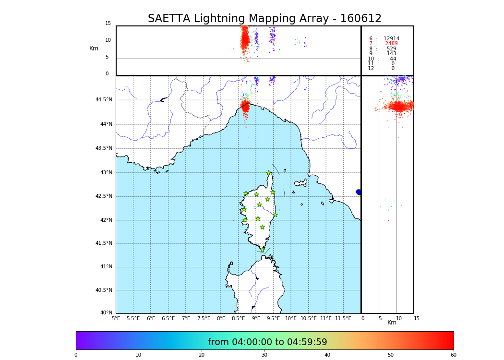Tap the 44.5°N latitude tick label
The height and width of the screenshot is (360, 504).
pyautogui.click(x=104, y=100)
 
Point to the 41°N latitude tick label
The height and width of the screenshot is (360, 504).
pyautogui.click(x=106, y=267)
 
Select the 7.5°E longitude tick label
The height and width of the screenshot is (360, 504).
pyautogui.click(x=204, y=318)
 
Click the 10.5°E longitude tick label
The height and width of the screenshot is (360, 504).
pyautogui.click(x=309, y=318)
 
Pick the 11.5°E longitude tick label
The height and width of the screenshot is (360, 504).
pyautogui.click(x=344, y=318)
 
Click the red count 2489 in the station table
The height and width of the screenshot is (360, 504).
pyautogui.click(x=391, y=44)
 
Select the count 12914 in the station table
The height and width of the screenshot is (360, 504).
pyautogui.click(x=391, y=39)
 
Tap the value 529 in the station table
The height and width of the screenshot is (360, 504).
pyautogui.click(x=391, y=49)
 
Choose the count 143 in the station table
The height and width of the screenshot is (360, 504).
pyautogui.click(x=391, y=54)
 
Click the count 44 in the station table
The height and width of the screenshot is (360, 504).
pyautogui.click(x=393, y=59)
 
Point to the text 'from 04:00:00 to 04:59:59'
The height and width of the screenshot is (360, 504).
pyautogui.click(x=267, y=342)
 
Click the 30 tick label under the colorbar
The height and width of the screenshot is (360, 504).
pyautogui.click(x=264, y=355)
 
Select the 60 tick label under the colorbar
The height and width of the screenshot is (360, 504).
pyautogui.click(x=453, y=355)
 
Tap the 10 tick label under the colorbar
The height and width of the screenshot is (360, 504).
pyautogui.click(x=139, y=355)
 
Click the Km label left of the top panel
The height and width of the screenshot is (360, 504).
pyautogui.click(x=94, y=48)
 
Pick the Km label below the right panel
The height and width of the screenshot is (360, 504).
pyautogui.click(x=392, y=323)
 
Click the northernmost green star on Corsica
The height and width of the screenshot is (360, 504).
pyautogui.click(x=269, y=173)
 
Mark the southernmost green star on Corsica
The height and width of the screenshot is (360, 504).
pyautogui.click(x=263, y=250)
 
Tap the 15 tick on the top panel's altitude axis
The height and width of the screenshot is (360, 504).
pyautogui.click(x=108, y=24)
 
